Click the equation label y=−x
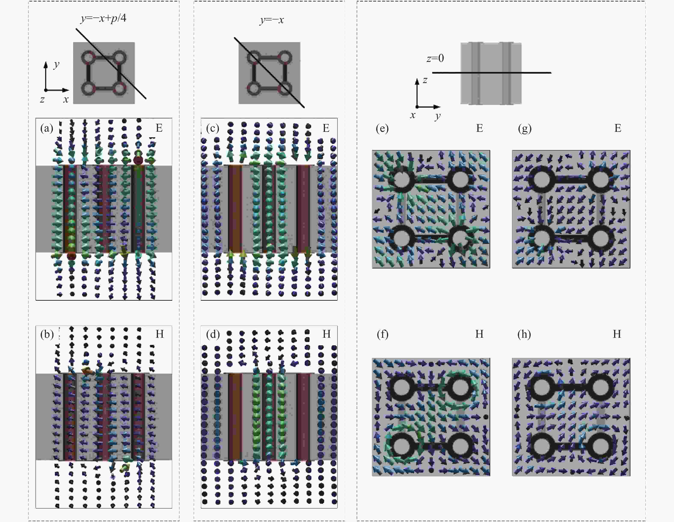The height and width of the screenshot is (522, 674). pos(272,20)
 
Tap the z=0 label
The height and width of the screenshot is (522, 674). pos(435,58)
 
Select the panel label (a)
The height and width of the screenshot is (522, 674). pos(47,128)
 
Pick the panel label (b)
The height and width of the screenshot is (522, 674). pos(47,334)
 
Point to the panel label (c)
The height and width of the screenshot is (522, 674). pos(212,128)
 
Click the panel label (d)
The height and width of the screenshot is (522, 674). pos(213,334)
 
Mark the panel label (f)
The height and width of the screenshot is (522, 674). pos(382,334)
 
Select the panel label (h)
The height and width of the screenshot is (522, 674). pos(524,334)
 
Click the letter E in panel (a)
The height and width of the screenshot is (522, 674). pos(159,128)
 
